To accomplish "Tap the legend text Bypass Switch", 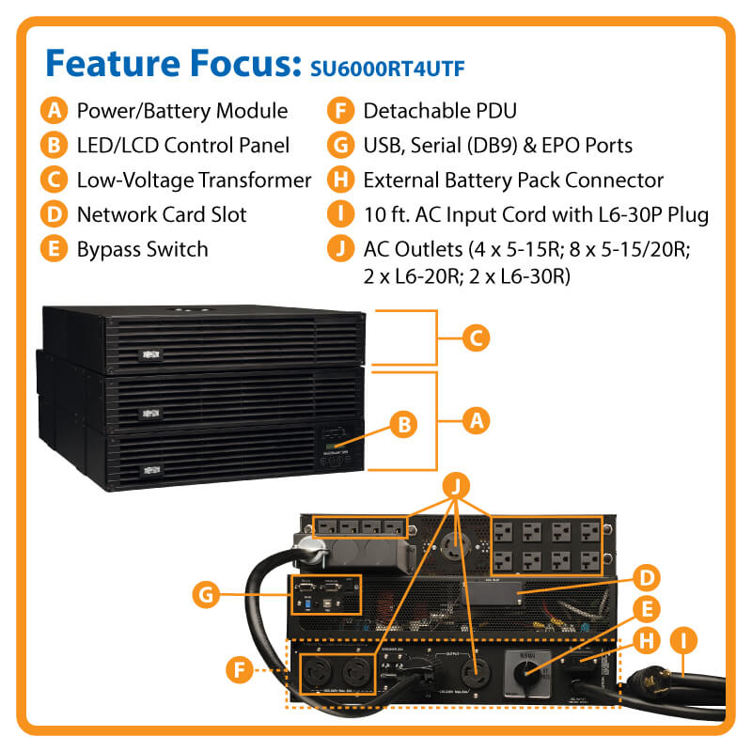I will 143,249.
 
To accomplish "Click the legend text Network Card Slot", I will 162,214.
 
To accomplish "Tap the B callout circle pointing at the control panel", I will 403,425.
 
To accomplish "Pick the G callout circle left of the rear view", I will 206,594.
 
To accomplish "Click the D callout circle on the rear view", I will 649,577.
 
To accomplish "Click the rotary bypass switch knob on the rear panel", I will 531,670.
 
